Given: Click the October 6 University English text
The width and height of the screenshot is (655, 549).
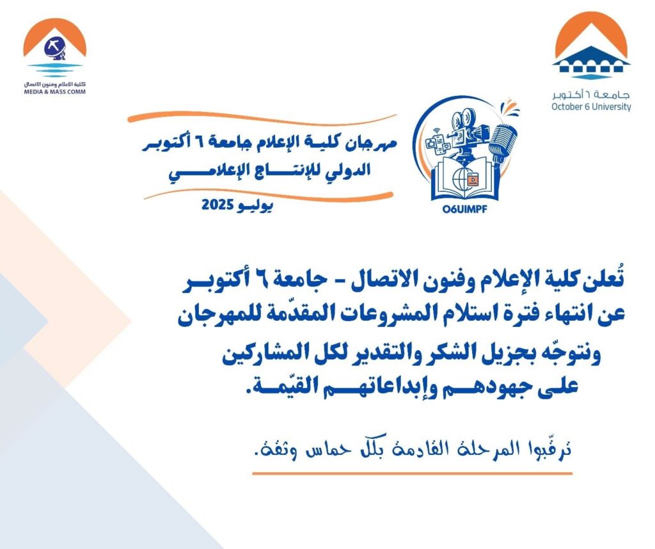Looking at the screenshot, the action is [x=591, y=107].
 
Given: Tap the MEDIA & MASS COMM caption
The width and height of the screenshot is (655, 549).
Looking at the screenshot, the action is [x=55, y=92].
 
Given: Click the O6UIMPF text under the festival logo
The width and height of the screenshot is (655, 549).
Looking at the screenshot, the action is [x=464, y=208].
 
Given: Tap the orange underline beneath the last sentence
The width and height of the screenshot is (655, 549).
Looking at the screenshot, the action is [x=413, y=473].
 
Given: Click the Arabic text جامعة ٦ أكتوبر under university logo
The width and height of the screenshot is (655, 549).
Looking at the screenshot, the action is [x=590, y=95].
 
